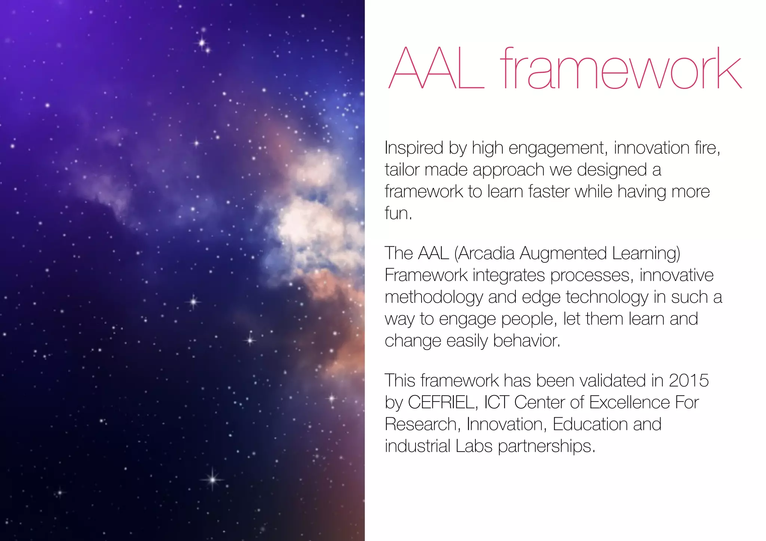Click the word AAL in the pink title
[436, 68]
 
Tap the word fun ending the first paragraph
[397, 213]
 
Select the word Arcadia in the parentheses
[486, 253]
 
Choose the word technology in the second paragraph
[607, 298]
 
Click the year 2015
[689, 381]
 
